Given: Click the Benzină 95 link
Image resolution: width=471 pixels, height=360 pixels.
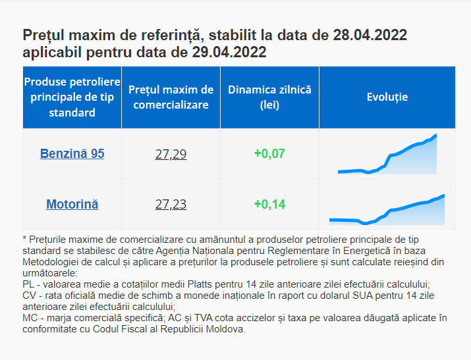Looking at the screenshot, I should click(72, 154).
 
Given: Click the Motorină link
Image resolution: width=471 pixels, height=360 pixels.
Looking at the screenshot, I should click(72, 204).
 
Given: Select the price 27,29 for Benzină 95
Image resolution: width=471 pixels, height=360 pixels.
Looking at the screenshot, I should click(171, 155).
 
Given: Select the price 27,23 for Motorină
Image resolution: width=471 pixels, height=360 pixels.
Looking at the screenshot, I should click(171, 205).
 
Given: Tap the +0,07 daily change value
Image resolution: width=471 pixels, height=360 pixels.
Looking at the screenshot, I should click(269, 155).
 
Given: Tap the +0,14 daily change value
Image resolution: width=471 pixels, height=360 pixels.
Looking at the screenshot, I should click(269, 205).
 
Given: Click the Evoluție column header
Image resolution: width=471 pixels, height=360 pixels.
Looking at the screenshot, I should click(387, 97).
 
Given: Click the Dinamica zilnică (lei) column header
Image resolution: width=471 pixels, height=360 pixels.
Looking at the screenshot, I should click(269, 97).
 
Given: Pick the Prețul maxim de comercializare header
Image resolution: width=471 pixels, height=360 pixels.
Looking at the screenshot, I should click(171, 97).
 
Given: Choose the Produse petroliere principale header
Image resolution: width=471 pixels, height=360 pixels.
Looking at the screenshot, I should click(72, 97).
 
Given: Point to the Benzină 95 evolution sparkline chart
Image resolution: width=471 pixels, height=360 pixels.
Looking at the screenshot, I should click(387, 156).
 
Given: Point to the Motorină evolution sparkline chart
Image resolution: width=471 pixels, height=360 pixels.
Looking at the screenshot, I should click(387, 208).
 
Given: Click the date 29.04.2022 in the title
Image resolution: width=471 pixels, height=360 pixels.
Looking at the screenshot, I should click(225, 52).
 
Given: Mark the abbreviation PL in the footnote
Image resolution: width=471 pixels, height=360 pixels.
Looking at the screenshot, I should click(28, 284).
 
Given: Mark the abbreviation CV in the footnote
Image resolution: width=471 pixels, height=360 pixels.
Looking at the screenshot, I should click(29, 296).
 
